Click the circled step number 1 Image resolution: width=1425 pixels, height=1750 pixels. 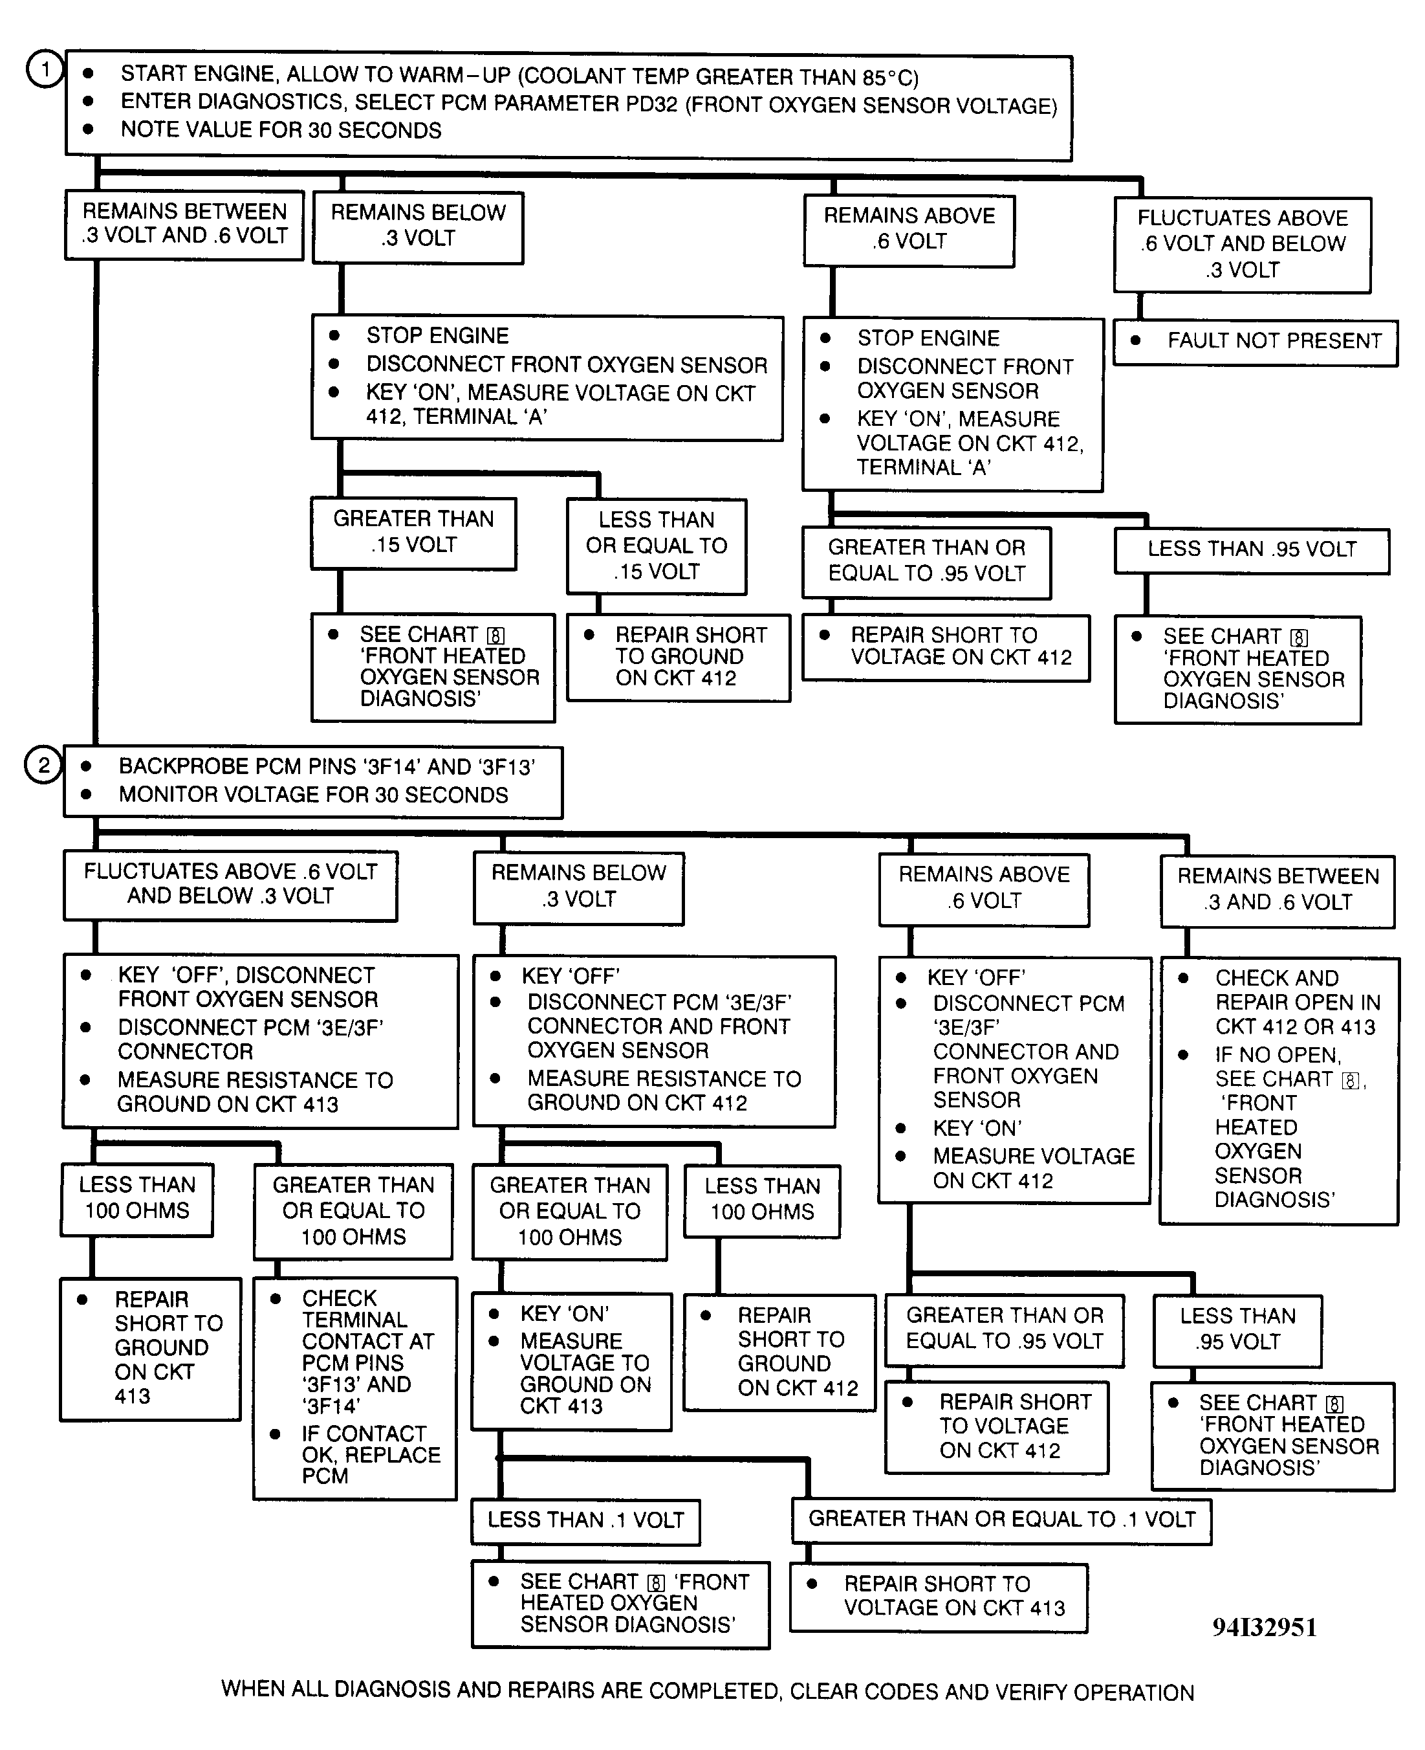45,70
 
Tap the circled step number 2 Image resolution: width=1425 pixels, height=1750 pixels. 43,766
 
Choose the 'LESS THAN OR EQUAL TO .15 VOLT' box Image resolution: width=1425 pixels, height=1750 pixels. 656,546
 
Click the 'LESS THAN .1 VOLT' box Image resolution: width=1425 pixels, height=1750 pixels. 585,1520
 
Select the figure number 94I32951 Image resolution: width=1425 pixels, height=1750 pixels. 1264,1627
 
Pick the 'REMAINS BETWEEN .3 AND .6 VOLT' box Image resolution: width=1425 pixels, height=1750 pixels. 1278,889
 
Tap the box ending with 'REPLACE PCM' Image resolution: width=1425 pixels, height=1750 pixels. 354,1387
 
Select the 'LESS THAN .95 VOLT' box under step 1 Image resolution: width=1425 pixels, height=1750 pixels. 1251,549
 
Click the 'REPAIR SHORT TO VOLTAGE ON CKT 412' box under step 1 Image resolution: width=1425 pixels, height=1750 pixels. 946,647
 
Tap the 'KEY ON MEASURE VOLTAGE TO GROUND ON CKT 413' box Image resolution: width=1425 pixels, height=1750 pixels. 571,1361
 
